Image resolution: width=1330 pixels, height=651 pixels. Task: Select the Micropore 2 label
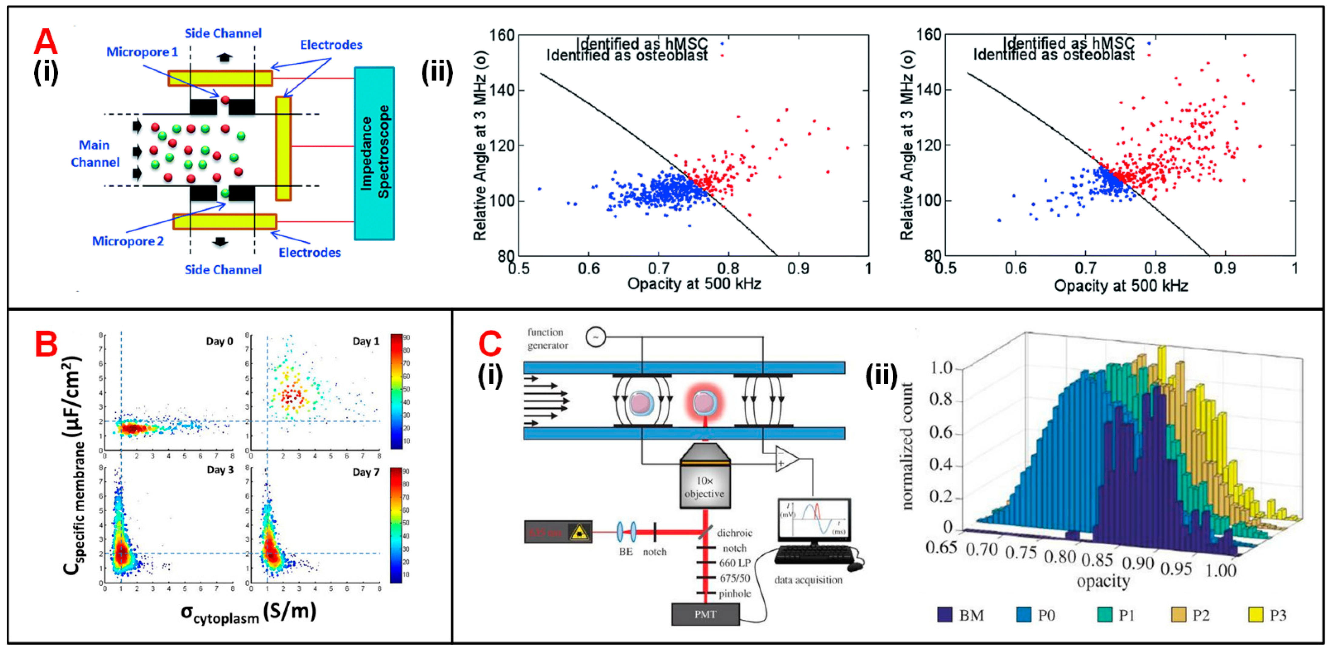[x=128, y=241]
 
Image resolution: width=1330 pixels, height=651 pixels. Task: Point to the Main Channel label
[x=95, y=153]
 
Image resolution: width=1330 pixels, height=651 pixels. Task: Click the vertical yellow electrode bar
[x=283, y=148]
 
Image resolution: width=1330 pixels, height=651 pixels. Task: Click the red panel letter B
[x=46, y=344]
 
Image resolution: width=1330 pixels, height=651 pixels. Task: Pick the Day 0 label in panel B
[x=219, y=341]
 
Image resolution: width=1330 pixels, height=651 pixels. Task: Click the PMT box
[x=705, y=614]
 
